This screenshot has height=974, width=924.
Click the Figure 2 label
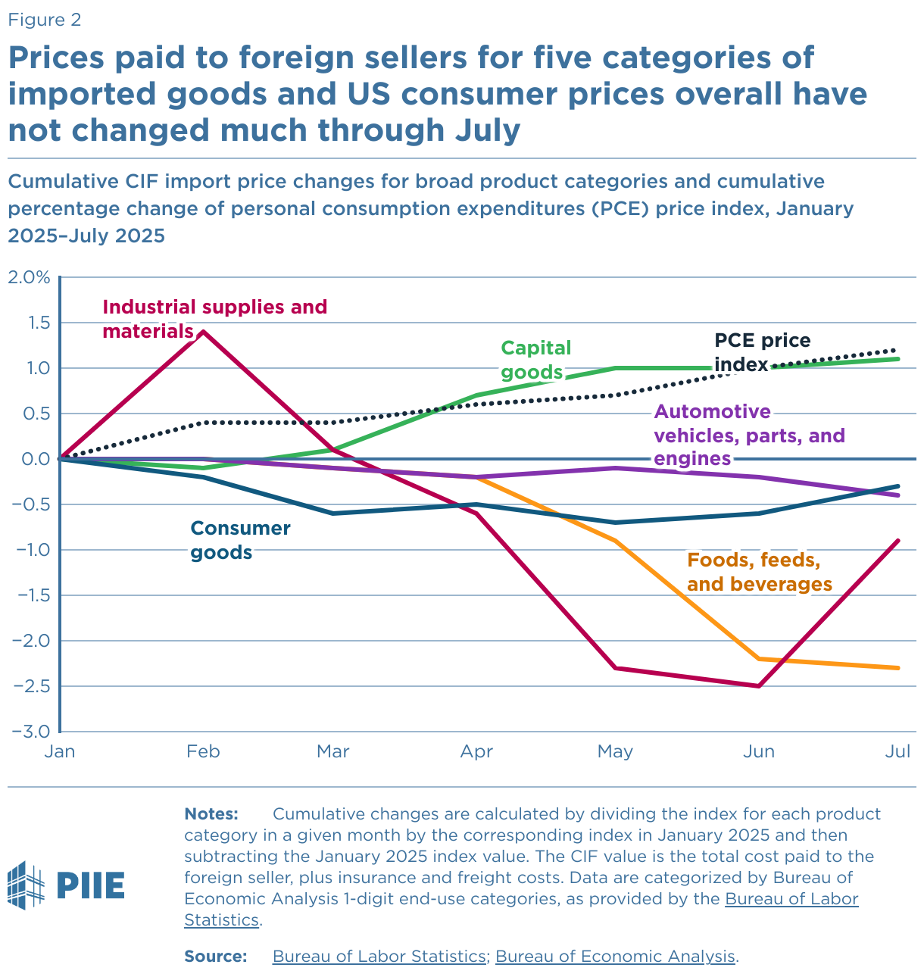44,20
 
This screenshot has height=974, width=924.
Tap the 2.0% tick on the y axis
29,277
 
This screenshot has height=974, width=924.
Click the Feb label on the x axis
203,751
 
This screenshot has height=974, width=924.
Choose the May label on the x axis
615,751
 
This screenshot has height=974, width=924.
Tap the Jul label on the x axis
897,751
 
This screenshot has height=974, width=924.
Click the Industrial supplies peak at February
203,332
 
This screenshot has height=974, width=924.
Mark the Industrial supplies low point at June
758,685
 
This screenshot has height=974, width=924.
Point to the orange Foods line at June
758,659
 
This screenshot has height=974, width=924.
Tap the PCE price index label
761,353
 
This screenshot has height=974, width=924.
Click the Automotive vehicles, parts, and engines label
748,435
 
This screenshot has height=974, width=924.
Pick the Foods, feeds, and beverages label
759,572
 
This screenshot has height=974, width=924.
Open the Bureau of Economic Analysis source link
615,956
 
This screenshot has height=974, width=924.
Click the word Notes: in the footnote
211,814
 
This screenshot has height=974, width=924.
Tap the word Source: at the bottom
216,956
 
